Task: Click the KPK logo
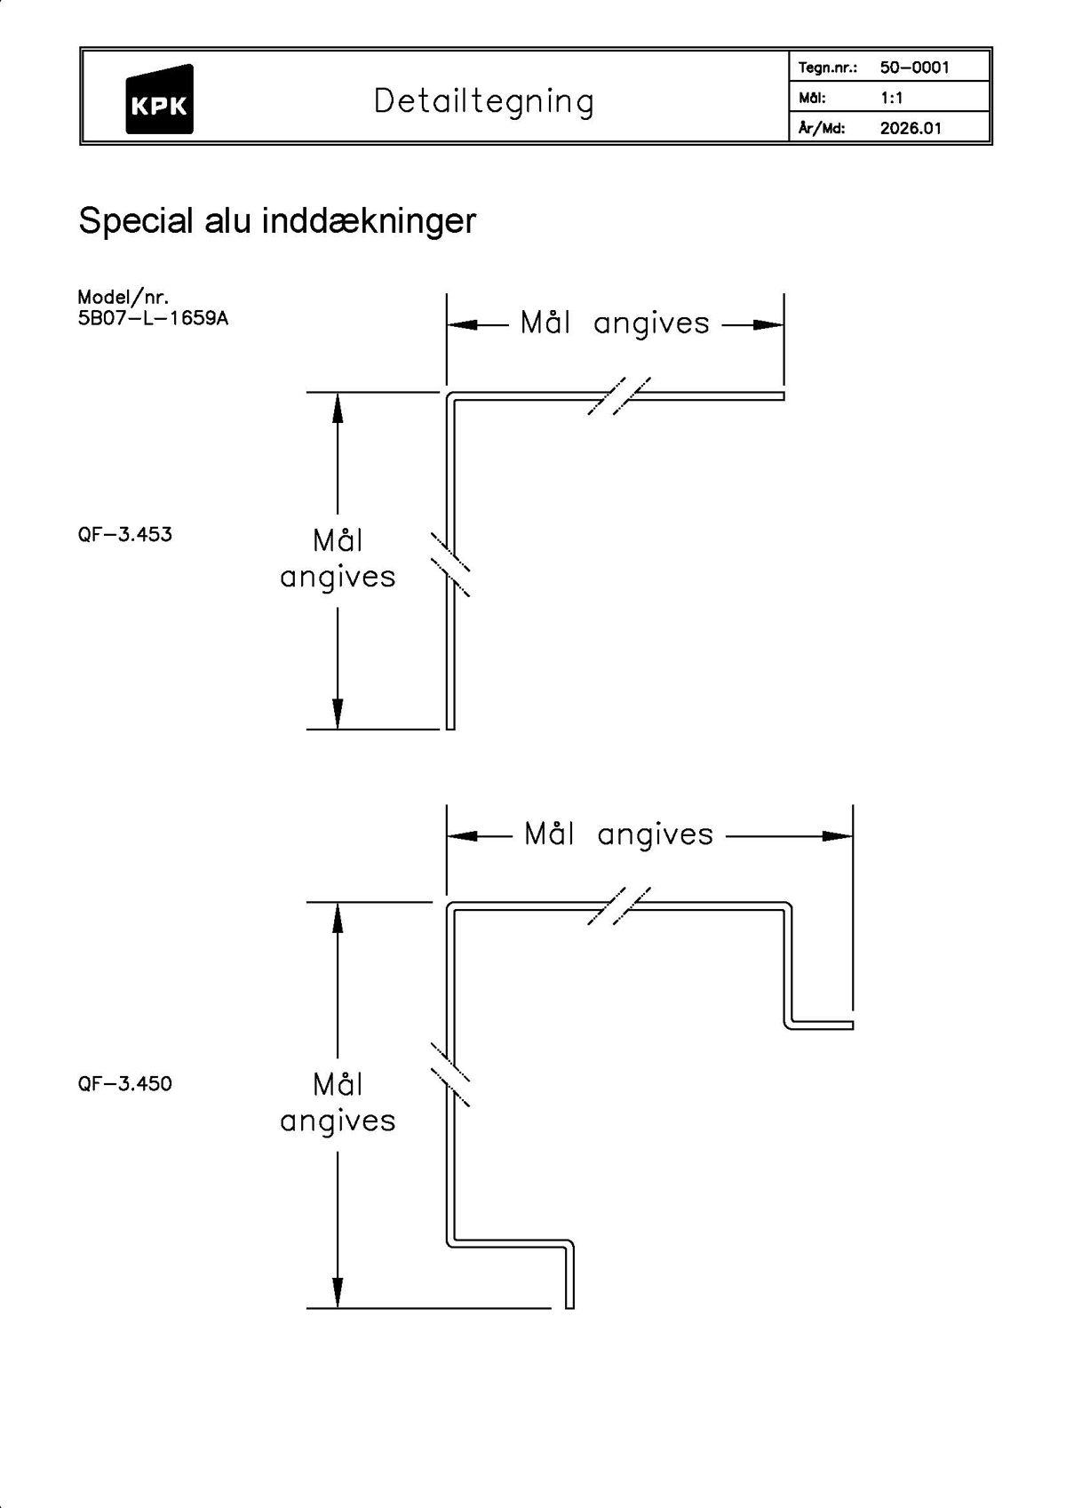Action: click(x=159, y=100)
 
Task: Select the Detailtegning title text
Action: click(x=483, y=101)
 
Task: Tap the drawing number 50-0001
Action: click(x=914, y=68)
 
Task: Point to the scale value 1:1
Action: click(x=891, y=98)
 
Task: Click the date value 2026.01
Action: click(x=910, y=128)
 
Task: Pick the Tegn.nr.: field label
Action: click(x=827, y=68)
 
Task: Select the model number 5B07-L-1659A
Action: click(x=153, y=318)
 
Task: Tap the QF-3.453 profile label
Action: click(x=125, y=535)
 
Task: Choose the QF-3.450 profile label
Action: click(x=125, y=1084)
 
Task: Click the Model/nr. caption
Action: click(x=123, y=297)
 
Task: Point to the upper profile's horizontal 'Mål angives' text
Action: click(x=615, y=323)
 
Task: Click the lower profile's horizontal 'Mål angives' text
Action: click(x=618, y=835)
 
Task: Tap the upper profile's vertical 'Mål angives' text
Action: click(x=338, y=559)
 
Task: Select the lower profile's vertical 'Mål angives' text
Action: click(x=338, y=1103)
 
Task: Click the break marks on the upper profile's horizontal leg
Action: click(x=619, y=396)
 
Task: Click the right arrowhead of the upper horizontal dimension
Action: click(x=769, y=325)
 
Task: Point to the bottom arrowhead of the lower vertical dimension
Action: click(x=338, y=1293)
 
